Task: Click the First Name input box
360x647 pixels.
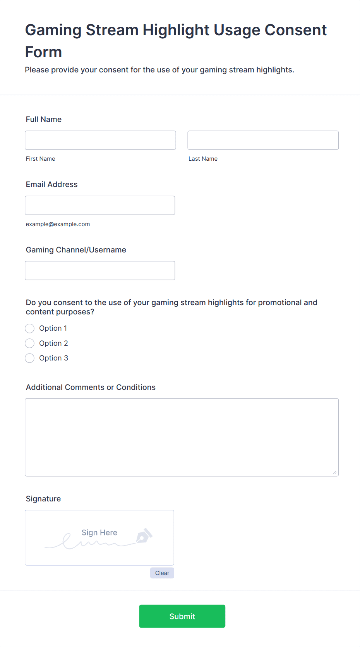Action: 100,140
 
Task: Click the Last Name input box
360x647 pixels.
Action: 263,140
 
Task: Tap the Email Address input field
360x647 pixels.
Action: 100,205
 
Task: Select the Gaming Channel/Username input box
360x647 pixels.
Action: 100,270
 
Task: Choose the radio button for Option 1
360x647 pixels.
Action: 30,328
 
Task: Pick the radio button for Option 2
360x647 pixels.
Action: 30,343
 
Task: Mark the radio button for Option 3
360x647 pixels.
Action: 30,358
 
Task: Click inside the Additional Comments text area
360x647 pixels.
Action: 182,437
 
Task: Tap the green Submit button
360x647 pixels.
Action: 182,616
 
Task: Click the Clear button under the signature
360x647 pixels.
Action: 162,573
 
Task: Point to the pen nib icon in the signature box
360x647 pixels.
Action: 144,536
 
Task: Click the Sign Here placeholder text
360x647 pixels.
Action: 99,533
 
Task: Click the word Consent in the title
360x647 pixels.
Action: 295,30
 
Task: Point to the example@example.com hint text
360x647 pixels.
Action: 58,224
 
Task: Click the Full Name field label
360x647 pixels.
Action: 44,119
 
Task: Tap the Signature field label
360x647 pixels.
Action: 43,499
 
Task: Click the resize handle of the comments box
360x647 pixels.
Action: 335,472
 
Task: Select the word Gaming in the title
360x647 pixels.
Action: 53,30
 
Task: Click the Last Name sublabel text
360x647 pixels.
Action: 203,159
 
